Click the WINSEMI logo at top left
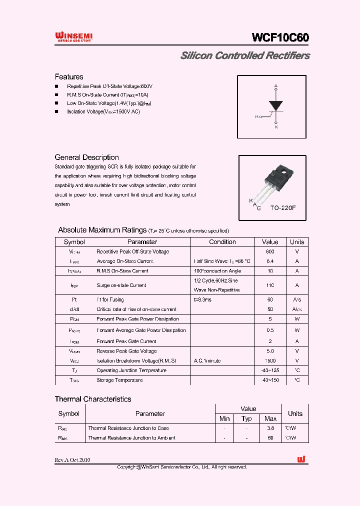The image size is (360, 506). [x=73, y=36]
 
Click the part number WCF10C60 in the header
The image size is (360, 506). [x=280, y=38]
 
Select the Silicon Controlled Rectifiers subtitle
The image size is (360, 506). [x=244, y=55]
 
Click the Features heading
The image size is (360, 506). [x=69, y=77]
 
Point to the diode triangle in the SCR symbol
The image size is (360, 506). [x=275, y=105]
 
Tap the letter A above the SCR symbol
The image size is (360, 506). [x=275, y=86]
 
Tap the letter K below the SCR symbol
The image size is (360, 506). [x=275, y=127]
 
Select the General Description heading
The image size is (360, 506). [x=86, y=157]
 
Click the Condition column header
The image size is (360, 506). [x=222, y=242]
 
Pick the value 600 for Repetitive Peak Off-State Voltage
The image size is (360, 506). [x=270, y=252]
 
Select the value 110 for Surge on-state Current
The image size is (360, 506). [x=270, y=285]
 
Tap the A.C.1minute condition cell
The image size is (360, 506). [x=207, y=360]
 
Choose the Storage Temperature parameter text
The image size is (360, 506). [x=119, y=380]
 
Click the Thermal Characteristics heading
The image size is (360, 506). [x=93, y=399]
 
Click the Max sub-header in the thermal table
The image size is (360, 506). [x=270, y=418]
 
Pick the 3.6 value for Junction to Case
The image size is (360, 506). [x=270, y=428]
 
